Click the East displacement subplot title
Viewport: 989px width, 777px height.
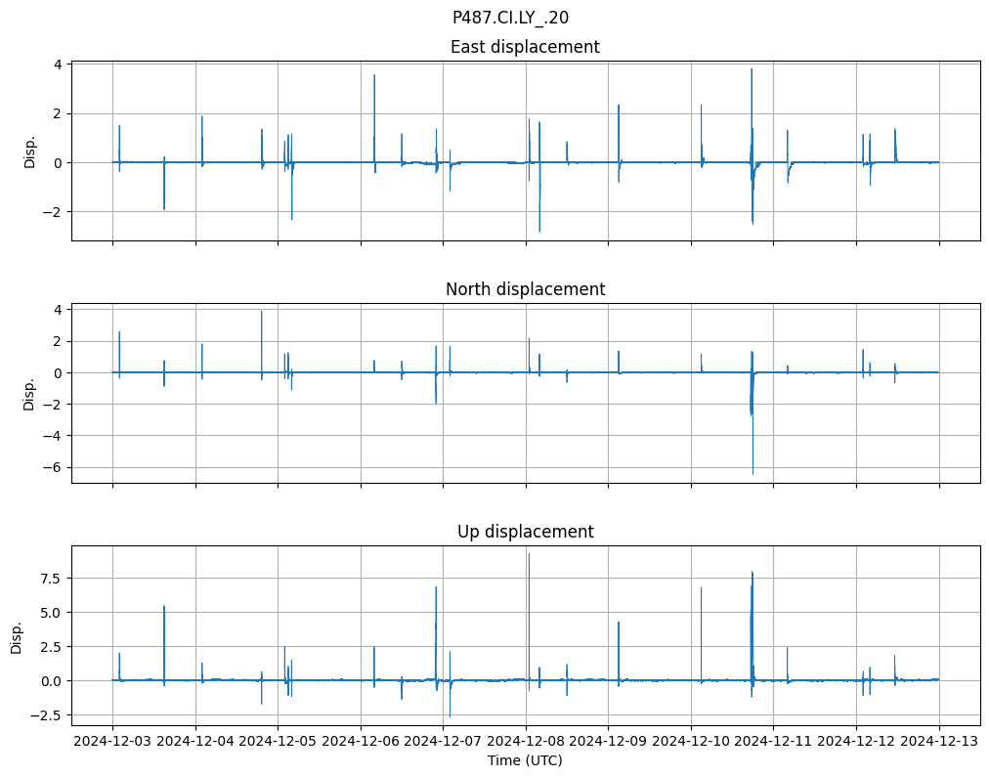pyautogui.click(x=525, y=47)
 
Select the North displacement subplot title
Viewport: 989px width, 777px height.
pyautogui.click(x=525, y=289)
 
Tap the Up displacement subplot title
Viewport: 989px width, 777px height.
pyautogui.click(x=525, y=532)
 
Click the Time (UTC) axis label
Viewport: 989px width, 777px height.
pyautogui.click(x=525, y=760)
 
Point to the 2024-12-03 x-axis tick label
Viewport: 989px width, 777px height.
pyautogui.click(x=112, y=742)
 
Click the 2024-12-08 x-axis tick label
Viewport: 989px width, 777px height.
pyautogui.click(x=526, y=742)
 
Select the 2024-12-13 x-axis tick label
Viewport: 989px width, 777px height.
pyautogui.click(x=939, y=742)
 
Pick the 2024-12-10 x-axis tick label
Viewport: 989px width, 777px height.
pyautogui.click(x=691, y=742)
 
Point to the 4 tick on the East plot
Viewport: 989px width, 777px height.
pyautogui.click(x=59, y=65)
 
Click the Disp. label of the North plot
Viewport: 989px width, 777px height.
pyautogui.click(x=29, y=393)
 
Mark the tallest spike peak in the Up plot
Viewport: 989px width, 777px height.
pyautogui.click(x=529, y=554)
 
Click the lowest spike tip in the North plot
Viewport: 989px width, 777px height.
pyautogui.click(x=752, y=474)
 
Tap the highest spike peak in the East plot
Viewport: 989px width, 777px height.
pyautogui.click(x=752, y=68)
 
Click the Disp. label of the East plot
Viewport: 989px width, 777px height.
pyautogui.click(x=29, y=151)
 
